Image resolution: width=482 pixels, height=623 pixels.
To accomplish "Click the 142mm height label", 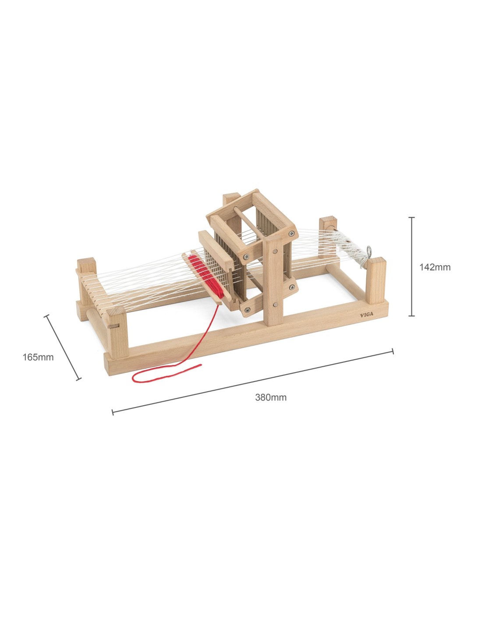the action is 435,267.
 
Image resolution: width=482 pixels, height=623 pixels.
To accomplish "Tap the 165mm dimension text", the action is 38,357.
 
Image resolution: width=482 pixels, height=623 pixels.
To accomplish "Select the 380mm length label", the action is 271,397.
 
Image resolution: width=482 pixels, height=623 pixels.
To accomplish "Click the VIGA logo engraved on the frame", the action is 367,315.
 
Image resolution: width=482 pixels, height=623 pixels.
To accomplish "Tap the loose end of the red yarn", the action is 201,365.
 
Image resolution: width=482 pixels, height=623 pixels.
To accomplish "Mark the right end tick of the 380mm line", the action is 393,351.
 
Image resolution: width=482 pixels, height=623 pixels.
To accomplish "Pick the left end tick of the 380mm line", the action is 113,412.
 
